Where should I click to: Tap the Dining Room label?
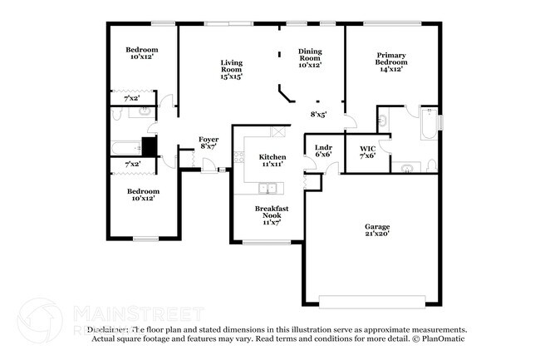tap(310, 57)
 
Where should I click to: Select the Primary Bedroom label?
tap(390, 62)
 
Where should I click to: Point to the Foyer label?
tap(208, 142)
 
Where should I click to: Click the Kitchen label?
tap(272, 160)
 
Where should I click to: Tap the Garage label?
tap(376, 230)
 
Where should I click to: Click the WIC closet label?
tap(367, 151)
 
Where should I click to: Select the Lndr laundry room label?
tap(323, 151)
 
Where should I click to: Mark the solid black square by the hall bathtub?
tap(149, 146)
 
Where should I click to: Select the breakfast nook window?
tap(266, 242)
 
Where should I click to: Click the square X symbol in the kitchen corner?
tap(277, 131)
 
